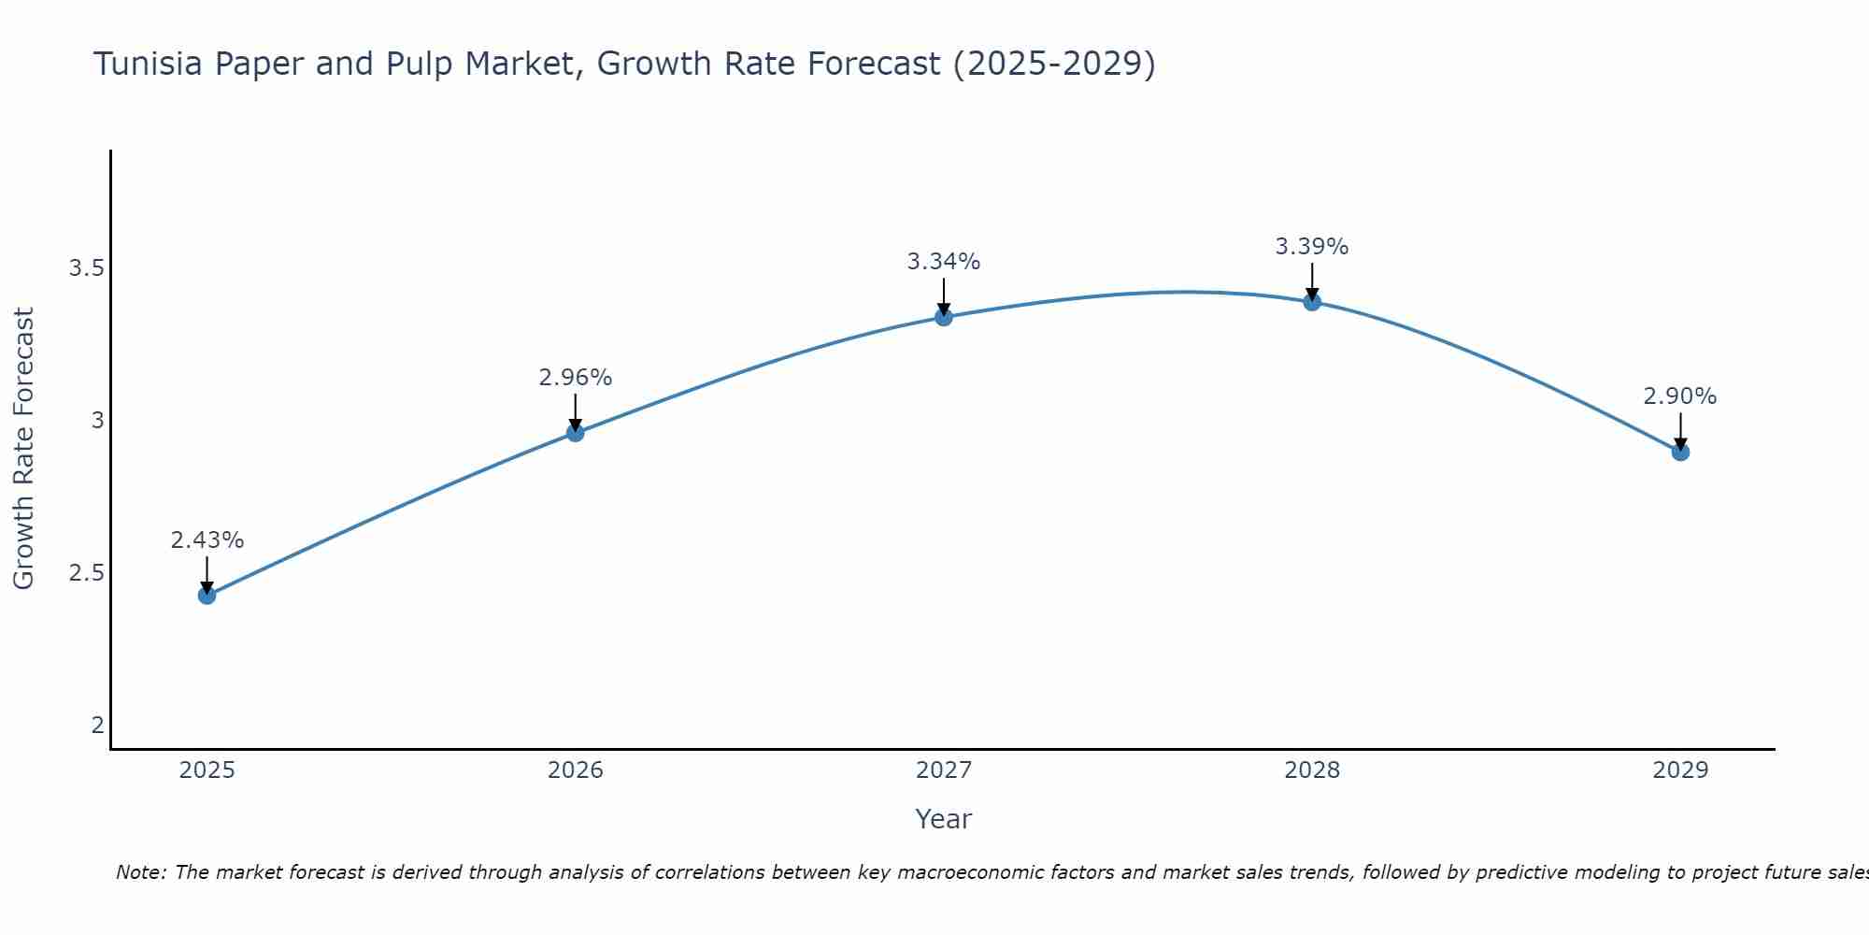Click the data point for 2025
click(x=207, y=595)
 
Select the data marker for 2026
click(x=575, y=432)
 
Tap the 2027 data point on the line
click(x=943, y=317)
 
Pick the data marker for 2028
click(x=1311, y=301)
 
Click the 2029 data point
click(x=1679, y=452)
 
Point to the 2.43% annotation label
click(x=207, y=540)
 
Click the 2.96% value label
click(x=575, y=378)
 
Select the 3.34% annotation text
click(x=943, y=262)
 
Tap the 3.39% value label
click(x=1311, y=247)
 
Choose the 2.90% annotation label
click(x=1679, y=396)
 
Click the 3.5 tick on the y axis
click(x=85, y=269)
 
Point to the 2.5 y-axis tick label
click(x=85, y=573)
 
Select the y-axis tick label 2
click(x=97, y=726)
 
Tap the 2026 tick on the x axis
click(x=575, y=770)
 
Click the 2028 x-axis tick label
click(x=1311, y=770)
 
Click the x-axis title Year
click(x=943, y=819)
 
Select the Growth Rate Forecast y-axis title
click(x=23, y=449)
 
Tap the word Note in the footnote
click(x=140, y=872)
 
